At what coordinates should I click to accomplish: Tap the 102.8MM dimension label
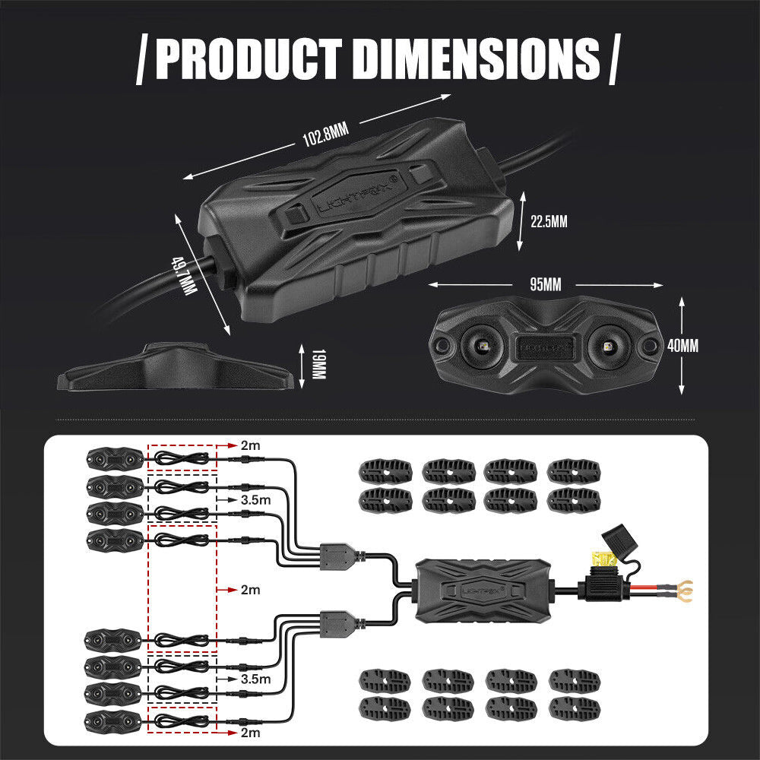(x=325, y=136)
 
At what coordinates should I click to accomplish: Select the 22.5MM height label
(x=549, y=222)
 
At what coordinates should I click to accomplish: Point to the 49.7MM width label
(x=182, y=277)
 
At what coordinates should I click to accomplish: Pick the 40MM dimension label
(x=683, y=345)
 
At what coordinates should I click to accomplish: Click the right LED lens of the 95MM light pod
(x=608, y=345)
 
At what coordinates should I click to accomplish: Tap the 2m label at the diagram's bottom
(x=249, y=733)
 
